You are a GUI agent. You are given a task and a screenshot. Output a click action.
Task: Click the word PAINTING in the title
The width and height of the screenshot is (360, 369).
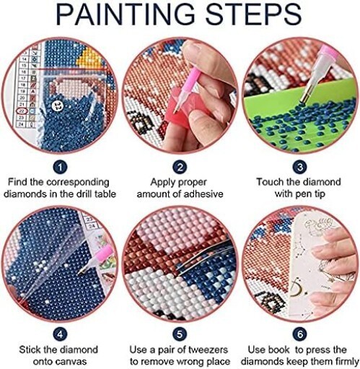coord(125,14)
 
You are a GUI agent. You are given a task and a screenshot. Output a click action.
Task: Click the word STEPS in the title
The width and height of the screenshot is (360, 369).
coord(253,14)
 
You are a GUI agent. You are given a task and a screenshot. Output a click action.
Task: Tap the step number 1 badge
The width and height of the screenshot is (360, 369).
coord(60,167)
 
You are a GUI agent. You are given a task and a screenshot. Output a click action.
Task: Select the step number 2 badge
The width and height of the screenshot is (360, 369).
coord(180,167)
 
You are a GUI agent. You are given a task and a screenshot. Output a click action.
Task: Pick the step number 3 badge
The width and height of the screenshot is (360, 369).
coord(299,167)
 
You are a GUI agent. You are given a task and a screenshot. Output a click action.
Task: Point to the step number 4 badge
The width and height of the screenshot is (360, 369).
coord(60,334)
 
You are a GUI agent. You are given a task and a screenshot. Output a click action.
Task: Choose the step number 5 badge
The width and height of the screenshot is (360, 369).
coord(180,334)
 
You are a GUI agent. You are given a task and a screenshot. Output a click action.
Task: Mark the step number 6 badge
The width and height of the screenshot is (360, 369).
coord(299,334)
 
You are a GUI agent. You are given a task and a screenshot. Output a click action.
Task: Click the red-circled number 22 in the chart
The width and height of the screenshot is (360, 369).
coord(22,111)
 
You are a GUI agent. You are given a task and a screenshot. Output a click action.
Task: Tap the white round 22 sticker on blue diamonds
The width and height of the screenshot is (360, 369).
coord(58,105)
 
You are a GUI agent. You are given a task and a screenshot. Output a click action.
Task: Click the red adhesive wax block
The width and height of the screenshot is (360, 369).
coord(178,106)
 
